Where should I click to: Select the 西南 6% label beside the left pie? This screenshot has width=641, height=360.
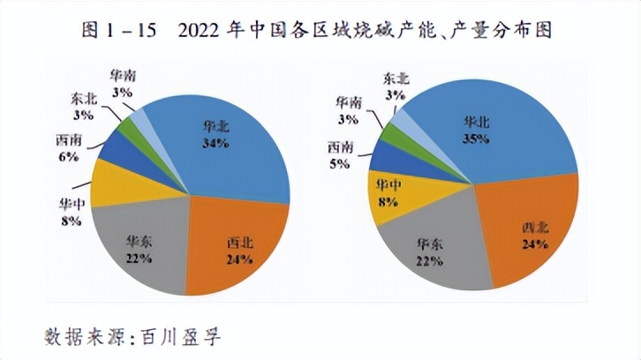tap(68, 147)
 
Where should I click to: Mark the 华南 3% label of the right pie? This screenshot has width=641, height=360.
tap(349, 109)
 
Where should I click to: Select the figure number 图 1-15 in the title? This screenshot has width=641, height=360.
tap(119, 30)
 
